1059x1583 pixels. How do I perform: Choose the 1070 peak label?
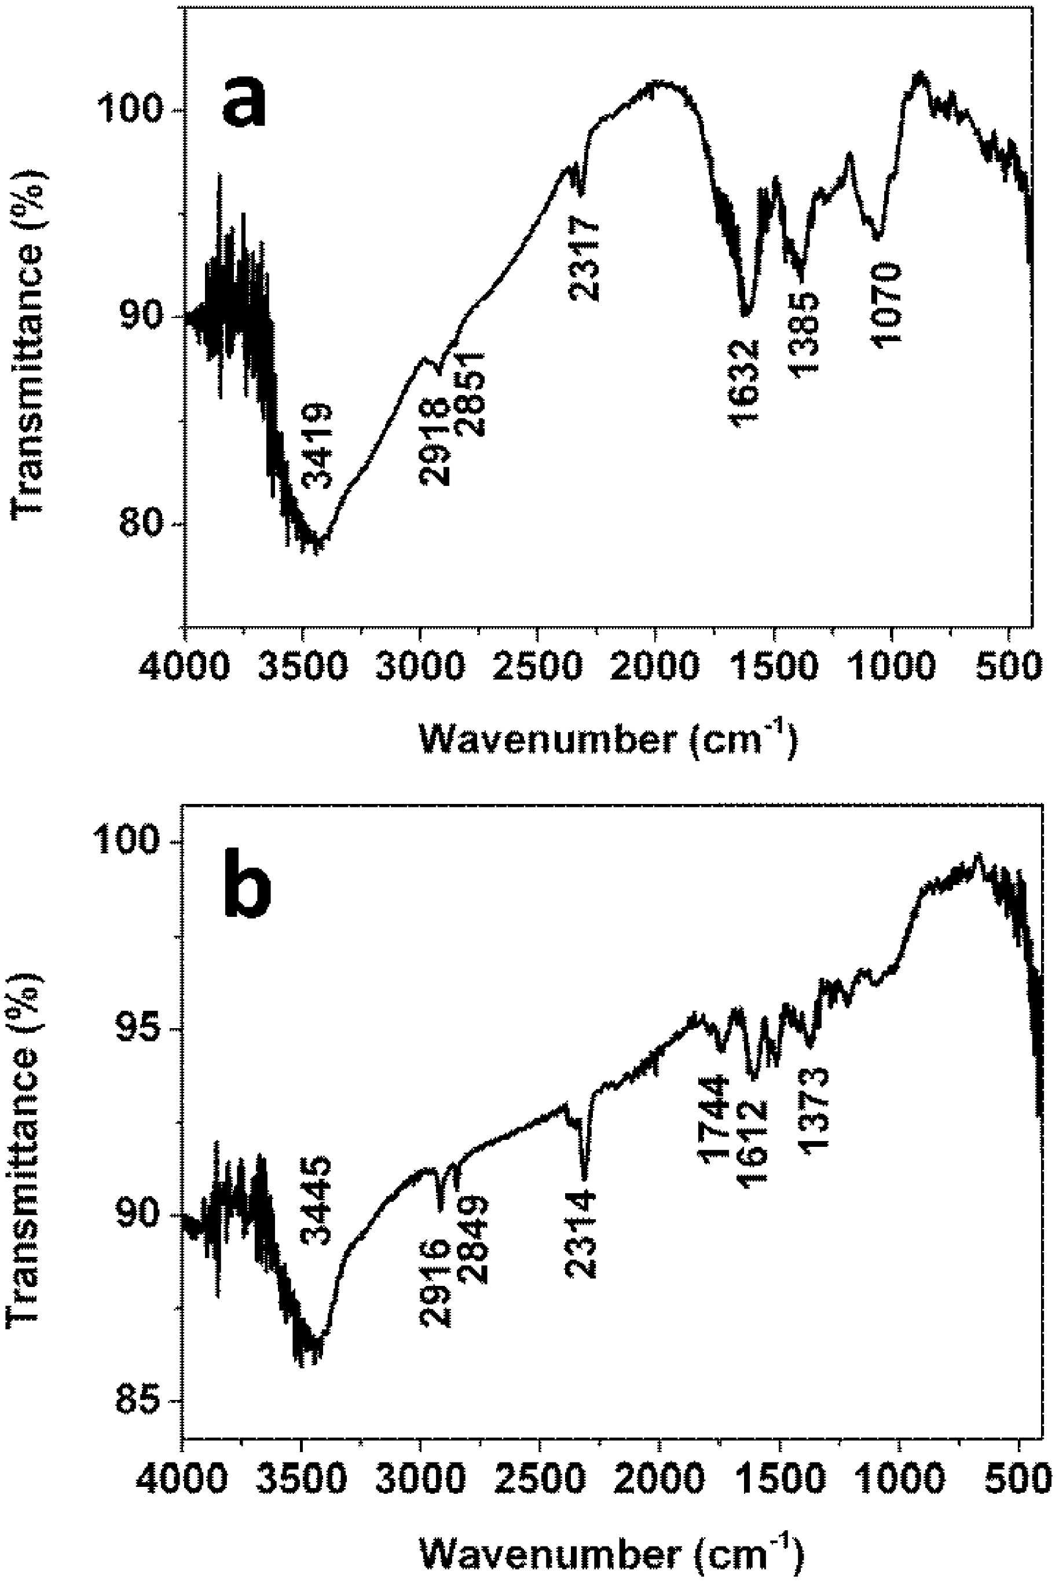pyautogui.click(x=886, y=305)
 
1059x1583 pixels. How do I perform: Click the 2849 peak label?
pyautogui.click(x=471, y=1240)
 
